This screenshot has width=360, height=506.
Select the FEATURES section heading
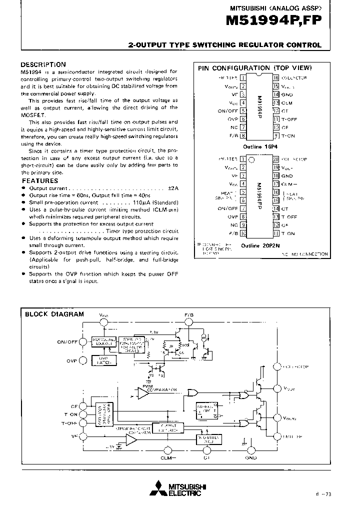coord(40,180)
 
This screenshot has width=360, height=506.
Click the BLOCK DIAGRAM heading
coord(54,314)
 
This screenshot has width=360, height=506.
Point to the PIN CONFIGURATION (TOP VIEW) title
coord(254,68)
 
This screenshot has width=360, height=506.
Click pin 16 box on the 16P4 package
coord(275,77)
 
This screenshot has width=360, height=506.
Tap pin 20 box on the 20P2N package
coord(275,159)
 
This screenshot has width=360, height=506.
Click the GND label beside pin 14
coord(287,94)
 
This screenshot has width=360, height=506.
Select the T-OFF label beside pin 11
coord(289,119)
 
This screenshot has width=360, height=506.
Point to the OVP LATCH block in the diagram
coord(104,360)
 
